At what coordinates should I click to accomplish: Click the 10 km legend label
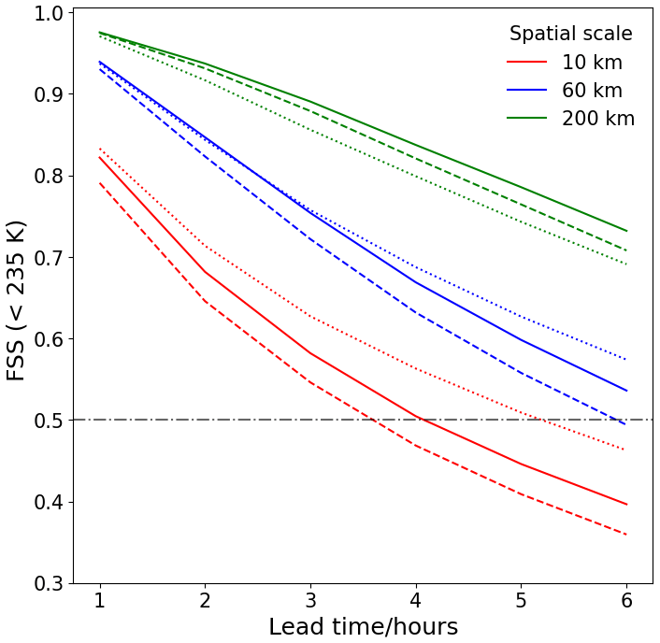tap(592, 64)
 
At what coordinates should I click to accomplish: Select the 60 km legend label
tap(592, 91)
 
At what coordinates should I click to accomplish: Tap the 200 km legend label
tap(598, 119)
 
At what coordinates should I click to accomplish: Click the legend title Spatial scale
tap(570, 34)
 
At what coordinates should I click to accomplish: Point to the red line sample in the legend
tap(526, 64)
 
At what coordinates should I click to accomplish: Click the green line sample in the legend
tap(526, 119)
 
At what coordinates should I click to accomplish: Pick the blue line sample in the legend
tap(526, 91)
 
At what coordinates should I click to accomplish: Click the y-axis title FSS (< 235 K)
tap(17, 299)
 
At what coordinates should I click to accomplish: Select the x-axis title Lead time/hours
tap(363, 626)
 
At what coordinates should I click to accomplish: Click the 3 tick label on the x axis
tap(309, 600)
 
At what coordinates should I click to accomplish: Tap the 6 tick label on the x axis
tap(625, 600)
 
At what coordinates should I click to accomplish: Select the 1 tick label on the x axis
tap(99, 600)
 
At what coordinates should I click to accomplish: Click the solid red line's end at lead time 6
tap(625, 505)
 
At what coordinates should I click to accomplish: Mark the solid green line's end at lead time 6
tap(625, 231)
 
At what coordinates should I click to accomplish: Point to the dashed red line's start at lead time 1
tap(99, 183)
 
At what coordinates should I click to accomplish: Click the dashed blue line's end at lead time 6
tap(625, 424)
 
